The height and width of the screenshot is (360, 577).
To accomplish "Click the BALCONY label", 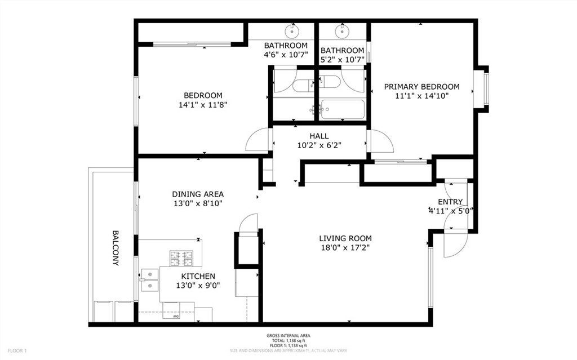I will pyautogui.click(x=115, y=248).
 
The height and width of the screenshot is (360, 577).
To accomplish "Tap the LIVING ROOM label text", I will pyautogui.click(x=345, y=238).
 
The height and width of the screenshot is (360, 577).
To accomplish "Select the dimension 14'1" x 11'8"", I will pyautogui.click(x=203, y=105).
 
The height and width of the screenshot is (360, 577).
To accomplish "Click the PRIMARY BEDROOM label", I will pyautogui.click(x=421, y=87).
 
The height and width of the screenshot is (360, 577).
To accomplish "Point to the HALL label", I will pyautogui.click(x=319, y=136).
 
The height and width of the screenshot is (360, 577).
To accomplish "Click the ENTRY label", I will pyautogui.click(x=450, y=202).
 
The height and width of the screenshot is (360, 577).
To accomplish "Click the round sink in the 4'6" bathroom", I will pyautogui.click(x=293, y=28).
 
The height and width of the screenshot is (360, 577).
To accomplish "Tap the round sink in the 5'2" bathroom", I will pyautogui.click(x=341, y=28).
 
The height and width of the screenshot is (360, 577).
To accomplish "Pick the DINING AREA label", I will pyautogui.click(x=197, y=194).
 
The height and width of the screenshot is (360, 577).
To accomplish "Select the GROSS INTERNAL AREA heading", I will pyautogui.click(x=288, y=336).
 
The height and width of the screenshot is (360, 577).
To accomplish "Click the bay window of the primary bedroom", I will pyautogui.click(x=483, y=87).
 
